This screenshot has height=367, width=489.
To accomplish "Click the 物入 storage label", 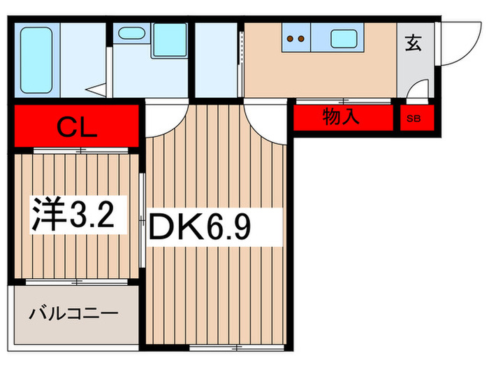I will coord(340,117).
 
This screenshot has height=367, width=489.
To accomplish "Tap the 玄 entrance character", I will coord(413,43).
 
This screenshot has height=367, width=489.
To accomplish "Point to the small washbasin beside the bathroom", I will coord(130,33).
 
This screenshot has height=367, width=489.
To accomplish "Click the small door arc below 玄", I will coord(418,89).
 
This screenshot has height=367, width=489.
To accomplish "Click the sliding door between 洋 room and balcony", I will coord(78,282).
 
